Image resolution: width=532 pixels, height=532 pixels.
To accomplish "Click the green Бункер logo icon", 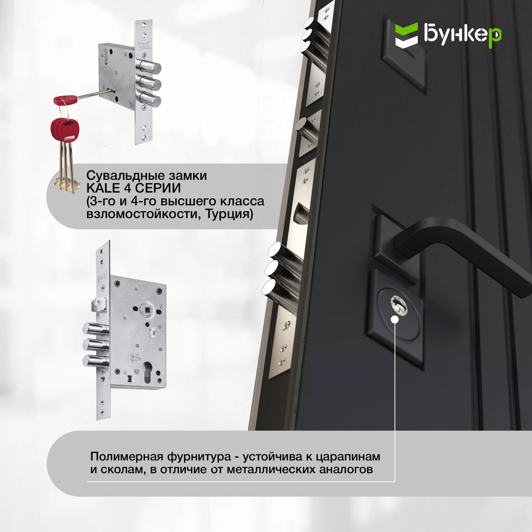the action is (406, 35).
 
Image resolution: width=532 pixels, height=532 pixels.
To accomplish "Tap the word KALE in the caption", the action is (103, 188).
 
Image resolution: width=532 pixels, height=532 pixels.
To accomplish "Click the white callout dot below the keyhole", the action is (395, 319).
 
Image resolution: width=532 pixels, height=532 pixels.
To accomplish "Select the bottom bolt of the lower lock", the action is (96, 360).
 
